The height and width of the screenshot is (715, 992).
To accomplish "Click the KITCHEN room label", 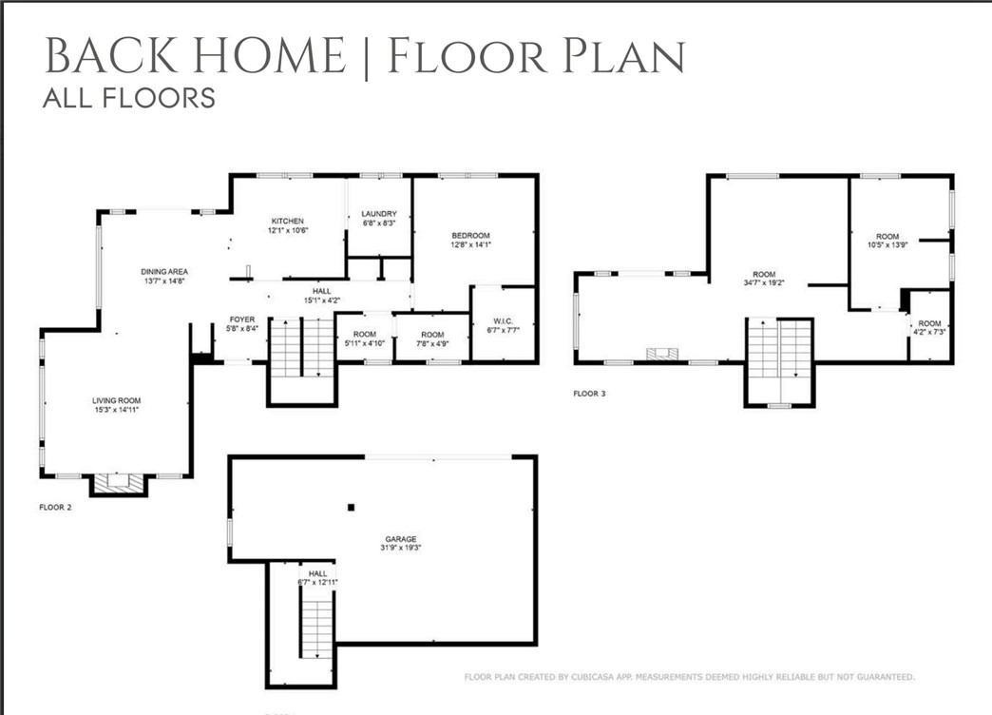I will [x=286, y=221].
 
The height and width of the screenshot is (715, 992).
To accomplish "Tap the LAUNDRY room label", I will [x=379, y=214].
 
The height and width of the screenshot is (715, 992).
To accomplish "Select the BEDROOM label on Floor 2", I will [x=470, y=236].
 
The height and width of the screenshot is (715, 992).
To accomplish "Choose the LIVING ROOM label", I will [x=116, y=401].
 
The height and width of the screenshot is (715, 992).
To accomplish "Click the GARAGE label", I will [x=400, y=539].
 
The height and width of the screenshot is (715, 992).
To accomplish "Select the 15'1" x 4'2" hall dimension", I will [x=322, y=300].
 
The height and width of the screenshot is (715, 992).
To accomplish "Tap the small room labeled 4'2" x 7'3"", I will [x=929, y=328].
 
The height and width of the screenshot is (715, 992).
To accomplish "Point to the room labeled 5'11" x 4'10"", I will [x=365, y=339].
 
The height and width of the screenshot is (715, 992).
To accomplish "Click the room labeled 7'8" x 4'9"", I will [x=432, y=339].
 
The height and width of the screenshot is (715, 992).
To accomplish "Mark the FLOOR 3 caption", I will [x=589, y=393].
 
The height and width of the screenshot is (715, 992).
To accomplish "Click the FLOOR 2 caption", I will [x=55, y=508].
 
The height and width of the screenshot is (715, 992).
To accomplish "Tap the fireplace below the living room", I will [x=119, y=484].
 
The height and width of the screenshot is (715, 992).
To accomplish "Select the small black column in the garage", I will [x=352, y=508].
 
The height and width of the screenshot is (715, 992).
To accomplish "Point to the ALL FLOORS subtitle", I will [x=128, y=98].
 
